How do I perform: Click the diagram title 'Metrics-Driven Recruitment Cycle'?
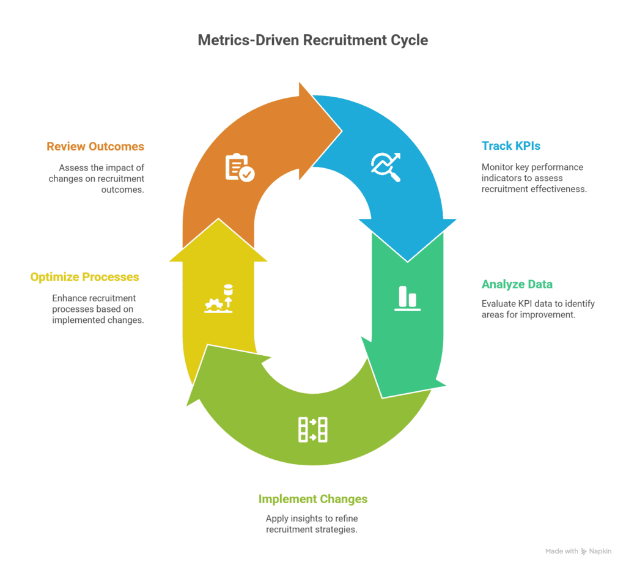pyautogui.click(x=312, y=40)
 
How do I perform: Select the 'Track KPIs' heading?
pyautogui.click(x=510, y=146)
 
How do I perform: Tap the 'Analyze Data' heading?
pyautogui.click(x=517, y=284)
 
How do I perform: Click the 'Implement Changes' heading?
pyautogui.click(x=312, y=499)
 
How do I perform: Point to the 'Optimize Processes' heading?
pyautogui.click(x=84, y=277)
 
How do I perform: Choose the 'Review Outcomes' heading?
pyautogui.click(x=95, y=146)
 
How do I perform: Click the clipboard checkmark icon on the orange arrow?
pyautogui.click(x=240, y=168)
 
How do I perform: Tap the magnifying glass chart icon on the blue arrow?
pyautogui.click(x=386, y=167)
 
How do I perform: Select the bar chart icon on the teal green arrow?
pyautogui.click(x=407, y=298)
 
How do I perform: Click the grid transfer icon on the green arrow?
pyautogui.click(x=312, y=429)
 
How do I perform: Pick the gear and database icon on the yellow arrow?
pyautogui.click(x=219, y=299)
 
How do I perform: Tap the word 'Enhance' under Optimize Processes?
pyautogui.click(x=68, y=298)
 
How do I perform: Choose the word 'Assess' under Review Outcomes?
pyautogui.click(x=72, y=168)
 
